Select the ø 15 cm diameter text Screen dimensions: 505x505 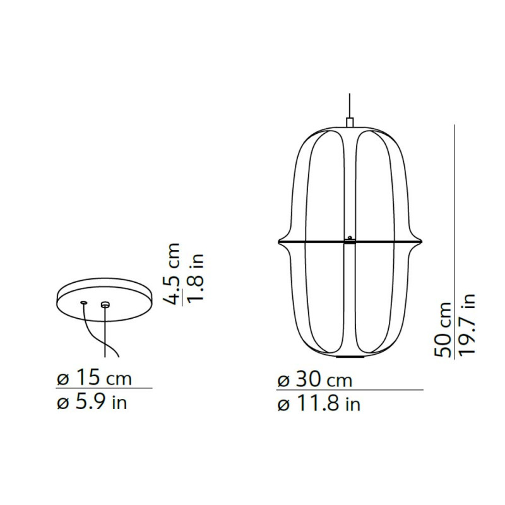[x=95, y=379]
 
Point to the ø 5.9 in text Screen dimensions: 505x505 [x=92, y=401]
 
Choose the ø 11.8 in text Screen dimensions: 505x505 [x=319, y=403]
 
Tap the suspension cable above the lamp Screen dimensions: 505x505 [x=349, y=104]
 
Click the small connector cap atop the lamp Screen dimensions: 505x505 [x=349, y=122]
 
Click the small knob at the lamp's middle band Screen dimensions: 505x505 [x=349, y=237]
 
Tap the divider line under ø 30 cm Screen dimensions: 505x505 [x=350, y=391]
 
